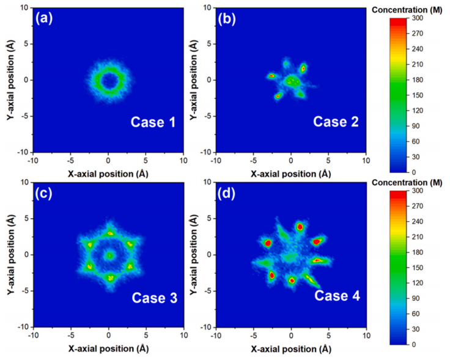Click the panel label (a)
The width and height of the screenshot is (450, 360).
coord(45,18)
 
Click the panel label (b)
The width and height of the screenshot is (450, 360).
coord(227,18)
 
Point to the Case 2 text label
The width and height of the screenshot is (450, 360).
coord(336,122)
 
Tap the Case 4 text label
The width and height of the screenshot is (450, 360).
coord(337,298)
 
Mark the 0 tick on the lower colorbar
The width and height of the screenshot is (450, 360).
coord(422,344)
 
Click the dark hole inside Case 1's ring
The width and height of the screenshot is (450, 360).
coord(108,80)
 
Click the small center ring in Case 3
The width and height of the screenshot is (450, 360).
coord(109,255)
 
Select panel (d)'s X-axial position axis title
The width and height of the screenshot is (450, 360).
coord(291,348)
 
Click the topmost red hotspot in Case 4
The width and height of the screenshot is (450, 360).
coord(300,227)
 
